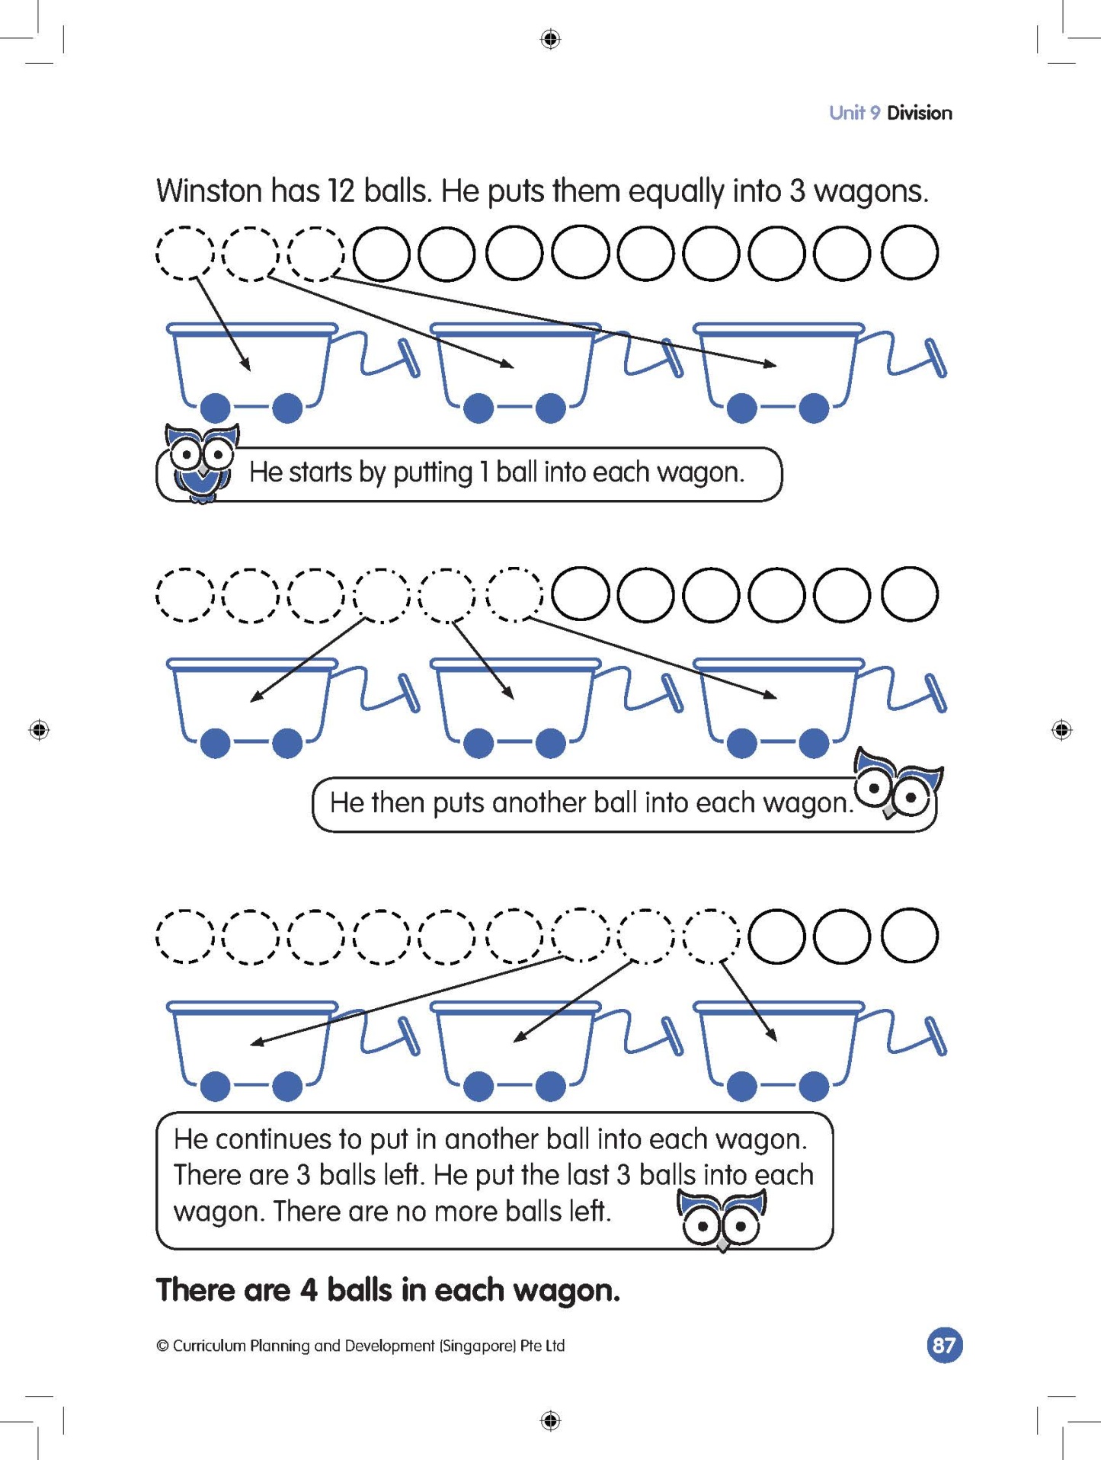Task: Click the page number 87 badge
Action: coord(944,1345)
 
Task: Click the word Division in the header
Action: coord(919,113)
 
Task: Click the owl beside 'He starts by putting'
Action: coord(201,461)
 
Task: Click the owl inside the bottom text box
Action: coord(721,1218)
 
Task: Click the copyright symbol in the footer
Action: coord(162,1346)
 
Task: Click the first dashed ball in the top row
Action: coord(184,253)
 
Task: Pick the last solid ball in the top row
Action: coord(909,253)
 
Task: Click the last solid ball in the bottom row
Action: coord(909,935)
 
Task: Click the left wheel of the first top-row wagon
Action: coord(216,408)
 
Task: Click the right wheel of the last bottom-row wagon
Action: coord(813,1086)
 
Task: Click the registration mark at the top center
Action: coord(550,39)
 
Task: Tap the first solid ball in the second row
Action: coord(581,594)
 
